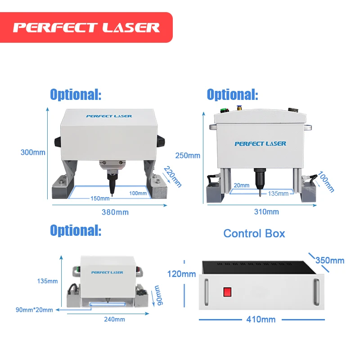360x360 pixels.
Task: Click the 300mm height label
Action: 33,152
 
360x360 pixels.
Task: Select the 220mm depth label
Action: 173,177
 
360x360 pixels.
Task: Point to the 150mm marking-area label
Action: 99,198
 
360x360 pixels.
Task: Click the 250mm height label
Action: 188,156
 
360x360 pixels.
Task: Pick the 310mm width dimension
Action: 266,212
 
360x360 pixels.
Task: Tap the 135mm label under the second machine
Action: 278,193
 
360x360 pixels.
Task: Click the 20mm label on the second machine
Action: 241,185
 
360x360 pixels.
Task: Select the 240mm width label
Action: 114,319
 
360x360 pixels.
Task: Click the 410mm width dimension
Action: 261,319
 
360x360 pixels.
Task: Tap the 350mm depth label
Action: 329,260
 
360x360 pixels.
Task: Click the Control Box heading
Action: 254,233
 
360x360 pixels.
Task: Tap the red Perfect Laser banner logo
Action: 86,27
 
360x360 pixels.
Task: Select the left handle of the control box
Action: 207,291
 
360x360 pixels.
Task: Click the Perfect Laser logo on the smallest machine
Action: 107,272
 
